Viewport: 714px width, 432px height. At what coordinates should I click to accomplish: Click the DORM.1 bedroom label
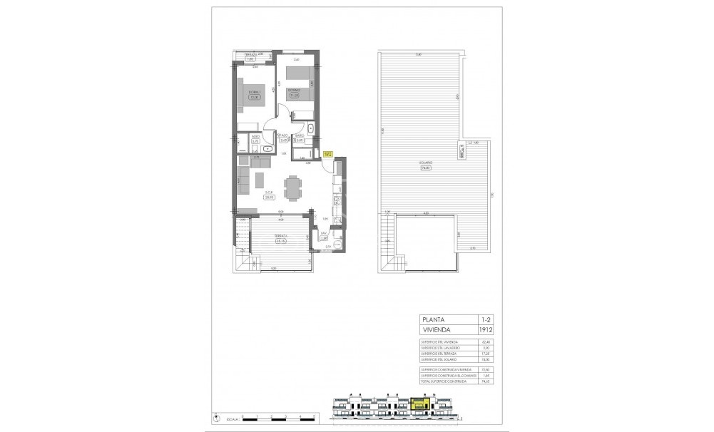(x=252, y=92)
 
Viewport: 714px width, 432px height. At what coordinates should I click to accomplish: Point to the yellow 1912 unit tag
(x=328, y=153)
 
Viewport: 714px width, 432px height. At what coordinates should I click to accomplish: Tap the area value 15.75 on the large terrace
(x=280, y=241)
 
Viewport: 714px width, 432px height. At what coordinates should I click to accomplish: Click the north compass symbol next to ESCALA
(x=215, y=416)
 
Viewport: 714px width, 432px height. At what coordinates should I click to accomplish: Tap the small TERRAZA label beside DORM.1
(x=250, y=55)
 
